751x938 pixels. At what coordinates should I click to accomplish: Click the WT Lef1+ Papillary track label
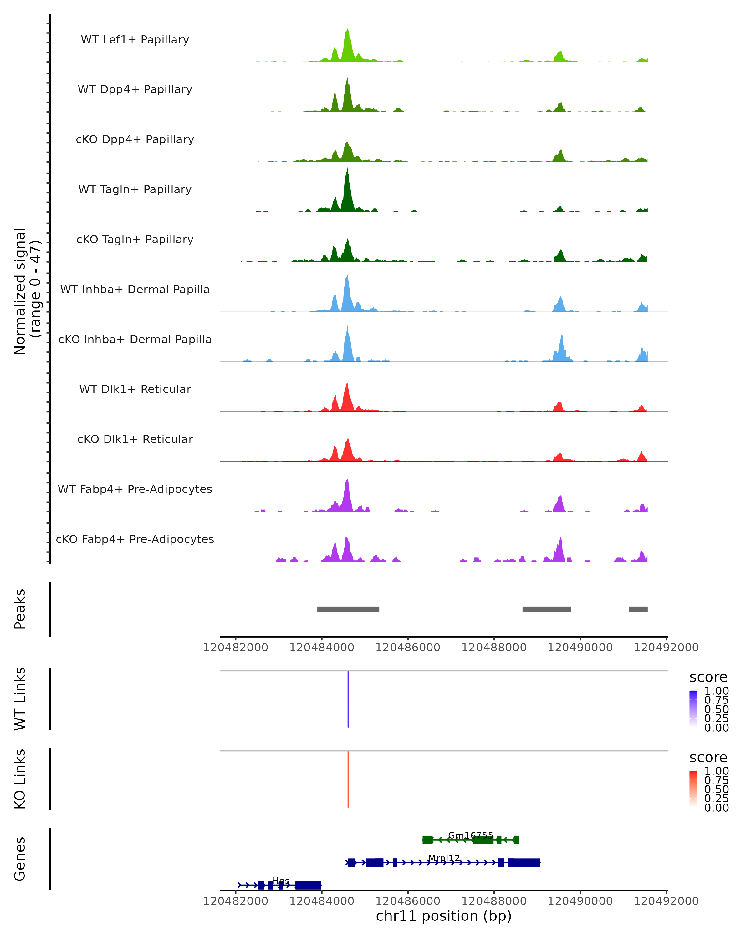(135, 40)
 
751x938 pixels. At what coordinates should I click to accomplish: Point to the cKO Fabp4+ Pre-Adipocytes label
(135, 539)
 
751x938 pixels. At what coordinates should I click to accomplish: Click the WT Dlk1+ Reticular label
(135, 389)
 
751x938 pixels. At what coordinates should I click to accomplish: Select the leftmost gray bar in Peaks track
(348, 609)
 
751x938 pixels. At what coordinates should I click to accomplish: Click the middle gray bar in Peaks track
(546, 609)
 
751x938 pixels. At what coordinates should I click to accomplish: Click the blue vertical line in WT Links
(348, 699)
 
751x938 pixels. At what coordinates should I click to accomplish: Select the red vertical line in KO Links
(348, 779)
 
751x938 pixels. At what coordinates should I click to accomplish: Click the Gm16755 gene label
(471, 835)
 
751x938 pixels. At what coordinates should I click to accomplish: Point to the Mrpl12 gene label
(444, 858)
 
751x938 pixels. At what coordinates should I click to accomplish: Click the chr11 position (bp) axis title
(444, 916)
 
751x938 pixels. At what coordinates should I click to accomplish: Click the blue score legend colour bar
(693, 709)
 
